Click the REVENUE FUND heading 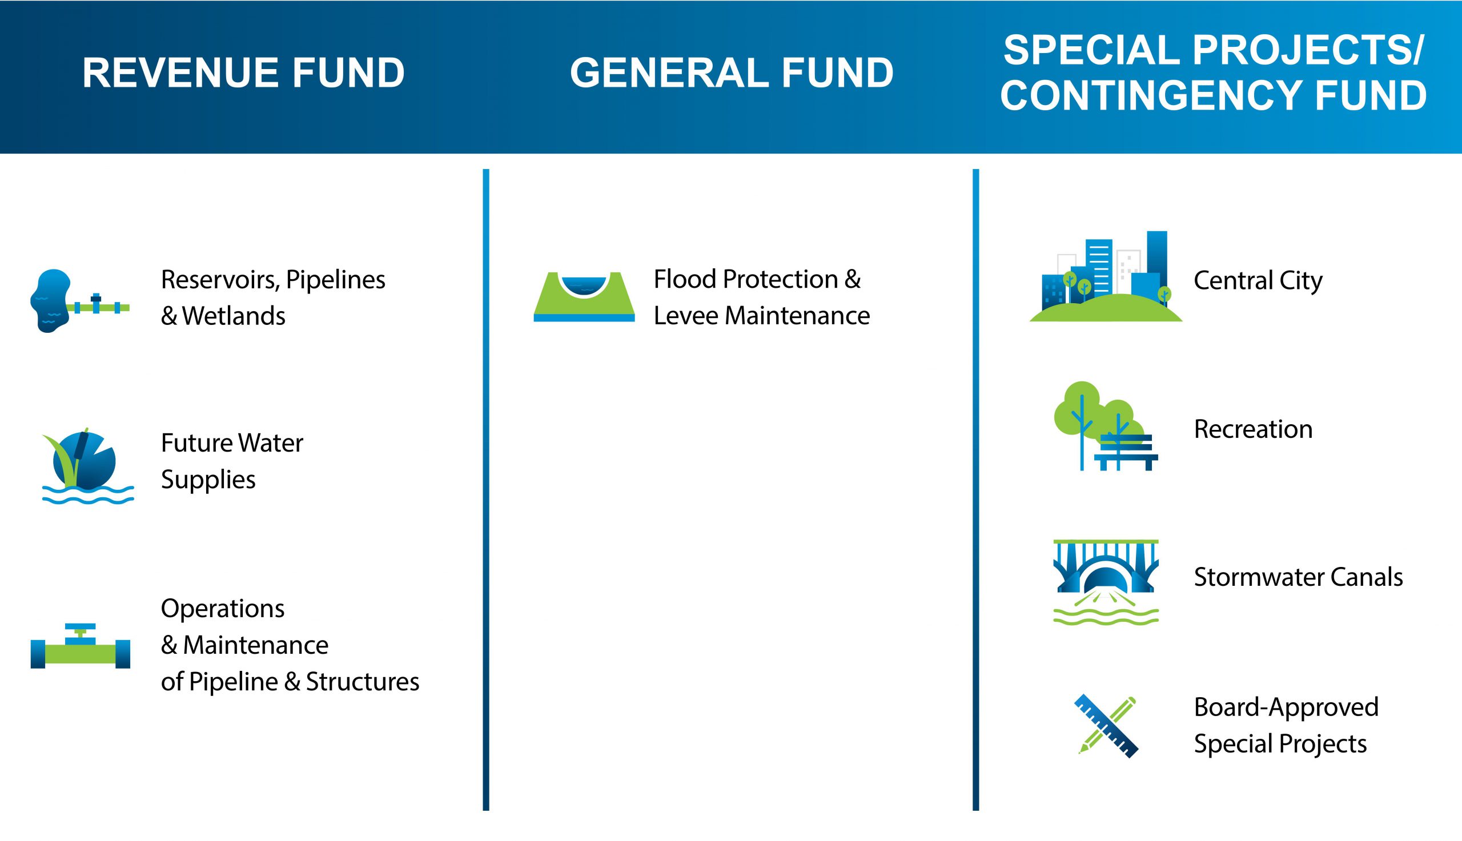[x=243, y=73]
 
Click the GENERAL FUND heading [x=732, y=73]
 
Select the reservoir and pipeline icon [x=80, y=300]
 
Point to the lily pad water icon [x=88, y=465]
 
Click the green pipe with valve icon [x=81, y=646]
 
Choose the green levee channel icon [x=584, y=296]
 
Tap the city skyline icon [x=1106, y=277]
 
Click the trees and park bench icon [x=1106, y=426]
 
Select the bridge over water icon [x=1106, y=582]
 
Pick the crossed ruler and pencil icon [x=1106, y=726]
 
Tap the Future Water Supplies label [x=232, y=461]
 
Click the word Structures [x=362, y=682]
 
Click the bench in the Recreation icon [x=1126, y=452]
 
